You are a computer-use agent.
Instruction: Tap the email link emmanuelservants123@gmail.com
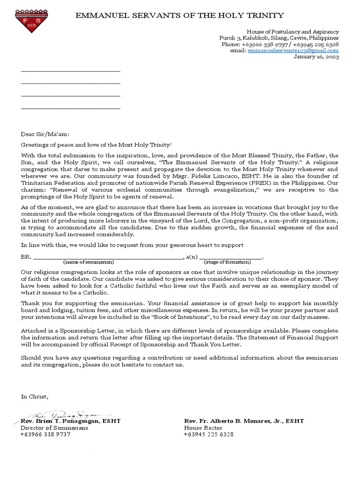click(293, 50)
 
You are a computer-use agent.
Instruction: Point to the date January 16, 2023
click(316, 57)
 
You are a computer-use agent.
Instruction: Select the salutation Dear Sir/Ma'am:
click(45, 133)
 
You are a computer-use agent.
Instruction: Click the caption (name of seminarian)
click(89, 262)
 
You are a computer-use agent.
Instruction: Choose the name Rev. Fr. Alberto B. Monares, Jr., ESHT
click(244, 421)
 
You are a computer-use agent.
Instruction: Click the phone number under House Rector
click(209, 435)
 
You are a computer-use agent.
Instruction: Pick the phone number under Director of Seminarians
click(45, 435)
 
